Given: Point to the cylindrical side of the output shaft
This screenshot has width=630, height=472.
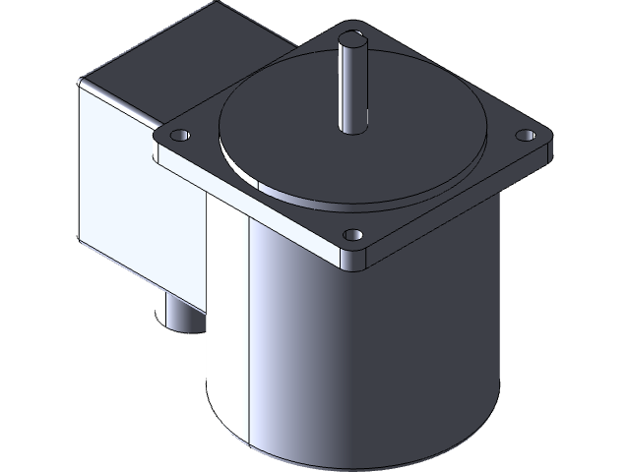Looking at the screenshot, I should click(350, 88).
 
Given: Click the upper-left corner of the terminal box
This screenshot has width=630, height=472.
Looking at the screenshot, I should click(81, 84).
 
